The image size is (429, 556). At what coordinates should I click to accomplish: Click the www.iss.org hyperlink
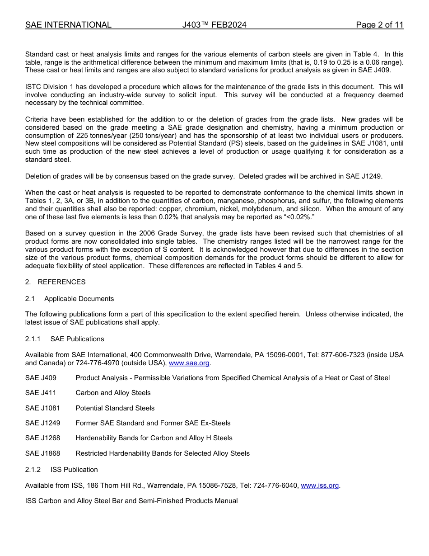click(x=320, y=485)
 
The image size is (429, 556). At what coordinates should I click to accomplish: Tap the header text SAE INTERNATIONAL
click(x=68, y=25)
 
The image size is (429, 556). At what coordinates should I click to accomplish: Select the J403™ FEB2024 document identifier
click(x=214, y=25)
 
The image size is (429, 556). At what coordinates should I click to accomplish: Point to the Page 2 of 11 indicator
click(x=379, y=25)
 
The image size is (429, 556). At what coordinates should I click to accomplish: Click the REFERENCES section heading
click(x=61, y=282)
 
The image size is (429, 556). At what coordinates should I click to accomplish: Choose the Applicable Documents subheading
click(x=79, y=299)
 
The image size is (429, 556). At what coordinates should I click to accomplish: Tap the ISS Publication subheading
click(x=74, y=470)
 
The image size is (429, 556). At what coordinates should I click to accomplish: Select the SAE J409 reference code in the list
click(x=41, y=378)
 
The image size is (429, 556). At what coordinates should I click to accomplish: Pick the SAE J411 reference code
click(x=41, y=393)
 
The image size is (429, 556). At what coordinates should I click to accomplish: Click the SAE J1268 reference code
click(x=42, y=438)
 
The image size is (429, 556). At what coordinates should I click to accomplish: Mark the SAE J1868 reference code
click(x=42, y=453)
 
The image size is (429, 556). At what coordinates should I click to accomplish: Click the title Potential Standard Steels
click(x=115, y=408)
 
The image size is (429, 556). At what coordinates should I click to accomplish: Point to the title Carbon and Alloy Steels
click(x=113, y=393)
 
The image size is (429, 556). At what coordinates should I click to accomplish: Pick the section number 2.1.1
click(x=33, y=339)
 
